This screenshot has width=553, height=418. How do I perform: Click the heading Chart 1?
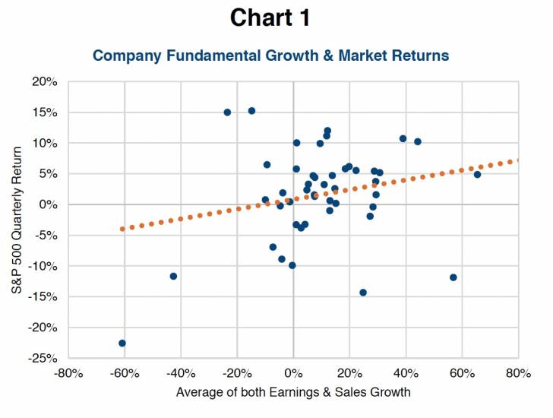pyautogui.click(x=270, y=18)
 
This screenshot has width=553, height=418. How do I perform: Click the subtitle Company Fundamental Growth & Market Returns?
pyautogui.click(x=270, y=55)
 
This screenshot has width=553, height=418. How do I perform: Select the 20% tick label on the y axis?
pyautogui.click(x=45, y=81)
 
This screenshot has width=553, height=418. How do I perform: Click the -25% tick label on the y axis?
pyautogui.click(x=43, y=358)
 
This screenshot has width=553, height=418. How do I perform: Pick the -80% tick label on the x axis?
pyautogui.click(x=68, y=373)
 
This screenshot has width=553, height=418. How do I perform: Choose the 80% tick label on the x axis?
pyautogui.click(x=518, y=373)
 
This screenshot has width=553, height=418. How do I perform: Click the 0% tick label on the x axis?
pyautogui.click(x=293, y=373)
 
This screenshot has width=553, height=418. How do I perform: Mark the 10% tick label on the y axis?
pyautogui.click(x=45, y=143)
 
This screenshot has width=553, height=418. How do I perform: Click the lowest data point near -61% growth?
pyautogui.click(x=122, y=343)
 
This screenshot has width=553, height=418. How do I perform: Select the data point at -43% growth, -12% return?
pyautogui.click(x=173, y=276)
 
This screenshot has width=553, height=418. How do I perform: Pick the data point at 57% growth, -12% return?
pyautogui.click(x=453, y=277)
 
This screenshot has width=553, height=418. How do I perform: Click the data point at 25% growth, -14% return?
pyautogui.click(x=363, y=292)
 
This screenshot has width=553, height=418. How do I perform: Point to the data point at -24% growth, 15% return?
pyautogui.click(x=227, y=112)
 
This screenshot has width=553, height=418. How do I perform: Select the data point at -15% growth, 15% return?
pyautogui.click(x=251, y=110)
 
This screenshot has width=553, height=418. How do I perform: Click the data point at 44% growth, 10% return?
pyautogui.click(x=418, y=141)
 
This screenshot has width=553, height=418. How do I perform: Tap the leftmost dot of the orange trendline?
pyautogui.click(x=122, y=229)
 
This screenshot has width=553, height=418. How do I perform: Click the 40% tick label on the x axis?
pyautogui.click(x=406, y=373)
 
